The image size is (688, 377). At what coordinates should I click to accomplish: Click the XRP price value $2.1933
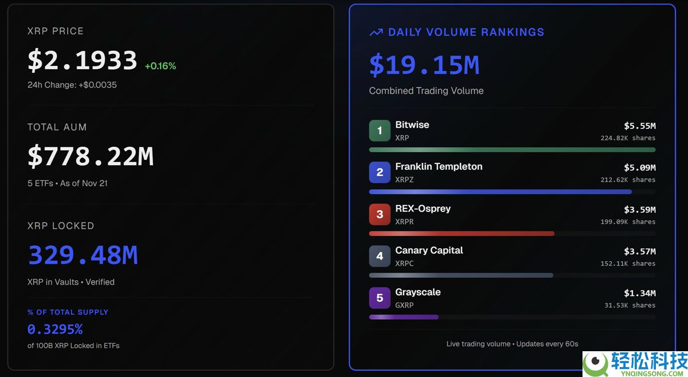tap(83, 61)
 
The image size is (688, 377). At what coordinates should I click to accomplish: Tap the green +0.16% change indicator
tap(160, 66)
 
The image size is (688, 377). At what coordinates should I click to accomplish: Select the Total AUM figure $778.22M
tap(91, 156)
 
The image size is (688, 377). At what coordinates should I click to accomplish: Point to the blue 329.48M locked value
tap(83, 255)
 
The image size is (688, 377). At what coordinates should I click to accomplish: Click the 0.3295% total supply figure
tap(55, 329)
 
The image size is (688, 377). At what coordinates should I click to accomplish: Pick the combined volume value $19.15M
tap(424, 65)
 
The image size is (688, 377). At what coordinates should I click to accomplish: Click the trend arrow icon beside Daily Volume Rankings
tap(376, 33)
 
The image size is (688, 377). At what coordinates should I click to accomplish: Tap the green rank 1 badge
tap(380, 131)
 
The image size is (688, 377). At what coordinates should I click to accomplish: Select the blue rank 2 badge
tap(380, 172)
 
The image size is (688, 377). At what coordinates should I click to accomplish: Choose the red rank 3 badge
tap(380, 214)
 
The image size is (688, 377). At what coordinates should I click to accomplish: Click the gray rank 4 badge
tap(380, 256)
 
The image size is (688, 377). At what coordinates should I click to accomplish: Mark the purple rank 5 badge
tap(380, 298)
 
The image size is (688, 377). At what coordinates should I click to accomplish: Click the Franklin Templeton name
tap(439, 167)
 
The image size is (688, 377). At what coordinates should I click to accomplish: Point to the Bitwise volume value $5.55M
tap(639, 125)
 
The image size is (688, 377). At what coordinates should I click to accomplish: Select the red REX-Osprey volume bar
tap(462, 234)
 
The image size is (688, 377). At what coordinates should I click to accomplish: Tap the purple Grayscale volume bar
tap(404, 317)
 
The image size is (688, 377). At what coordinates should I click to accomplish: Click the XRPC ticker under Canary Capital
tap(404, 264)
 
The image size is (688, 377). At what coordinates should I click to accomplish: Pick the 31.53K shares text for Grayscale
tap(630, 305)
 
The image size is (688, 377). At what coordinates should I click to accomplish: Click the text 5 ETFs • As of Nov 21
tap(68, 183)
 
